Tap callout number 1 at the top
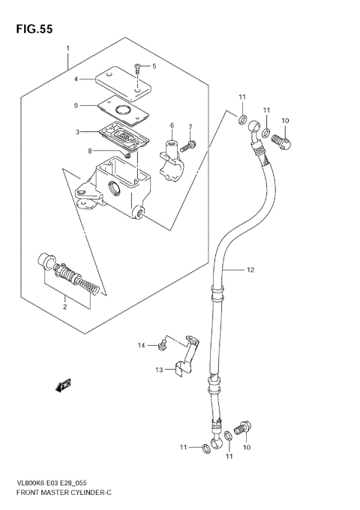tap(67, 49)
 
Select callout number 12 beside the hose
tap(250, 269)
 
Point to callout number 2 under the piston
tap(65, 306)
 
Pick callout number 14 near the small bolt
tap(139, 344)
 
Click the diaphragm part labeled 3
tap(124, 135)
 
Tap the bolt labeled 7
tap(192, 143)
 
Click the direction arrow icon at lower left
tap(62, 385)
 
